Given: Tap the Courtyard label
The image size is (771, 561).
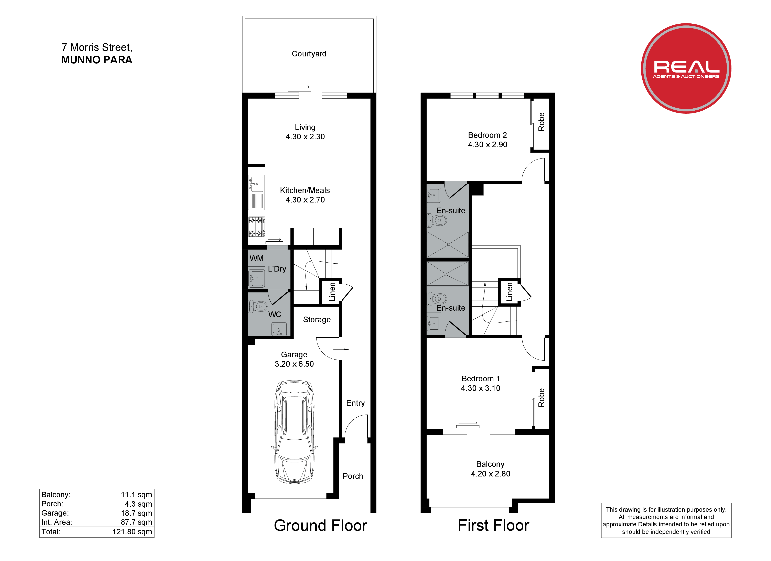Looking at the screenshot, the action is [309, 54].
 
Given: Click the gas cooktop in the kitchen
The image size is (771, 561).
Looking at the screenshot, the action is [257, 227].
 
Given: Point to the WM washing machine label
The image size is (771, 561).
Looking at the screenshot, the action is [257, 258].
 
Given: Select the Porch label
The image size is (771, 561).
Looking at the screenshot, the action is [353, 476].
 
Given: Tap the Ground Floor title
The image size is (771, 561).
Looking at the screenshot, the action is [321, 526].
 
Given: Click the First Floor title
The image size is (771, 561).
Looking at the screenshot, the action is [494, 526].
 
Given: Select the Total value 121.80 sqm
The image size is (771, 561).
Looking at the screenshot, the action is [132, 532].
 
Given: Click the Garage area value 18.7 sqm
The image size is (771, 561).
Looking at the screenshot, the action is [137, 513].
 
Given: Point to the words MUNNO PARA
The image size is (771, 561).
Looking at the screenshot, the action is [97, 60].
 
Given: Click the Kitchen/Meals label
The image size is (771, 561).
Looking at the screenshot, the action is [305, 191].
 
